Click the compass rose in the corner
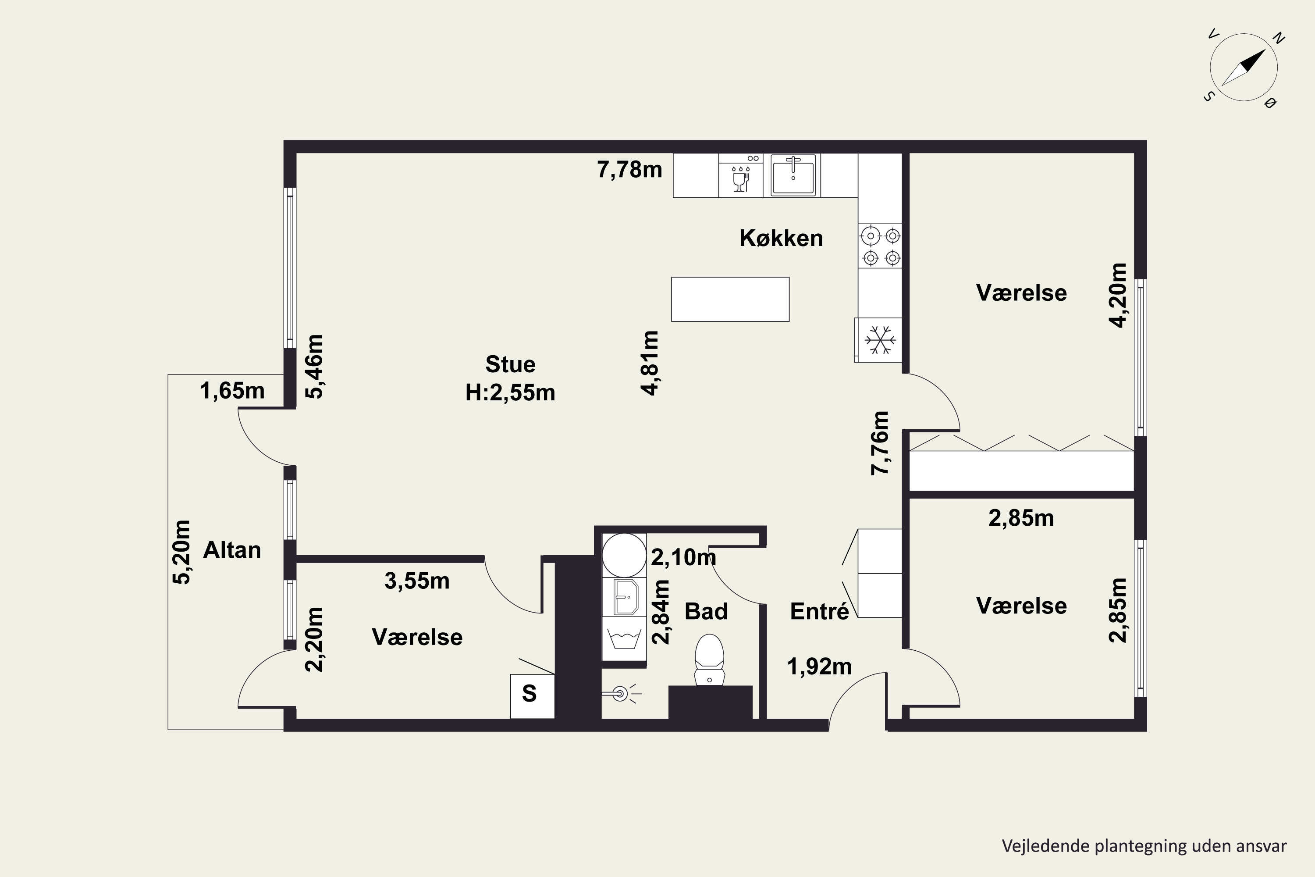[x=1244, y=68]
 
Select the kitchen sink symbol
[x=793, y=175]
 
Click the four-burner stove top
[x=881, y=246]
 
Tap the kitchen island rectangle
[x=730, y=299]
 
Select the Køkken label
[x=781, y=238]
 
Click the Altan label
[x=232, y=550]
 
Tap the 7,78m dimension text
[x=629, y=169]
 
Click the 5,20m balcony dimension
[x=181, y=553]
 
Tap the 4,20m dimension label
[x=1118, y=295]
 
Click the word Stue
[x=511, y=365]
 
